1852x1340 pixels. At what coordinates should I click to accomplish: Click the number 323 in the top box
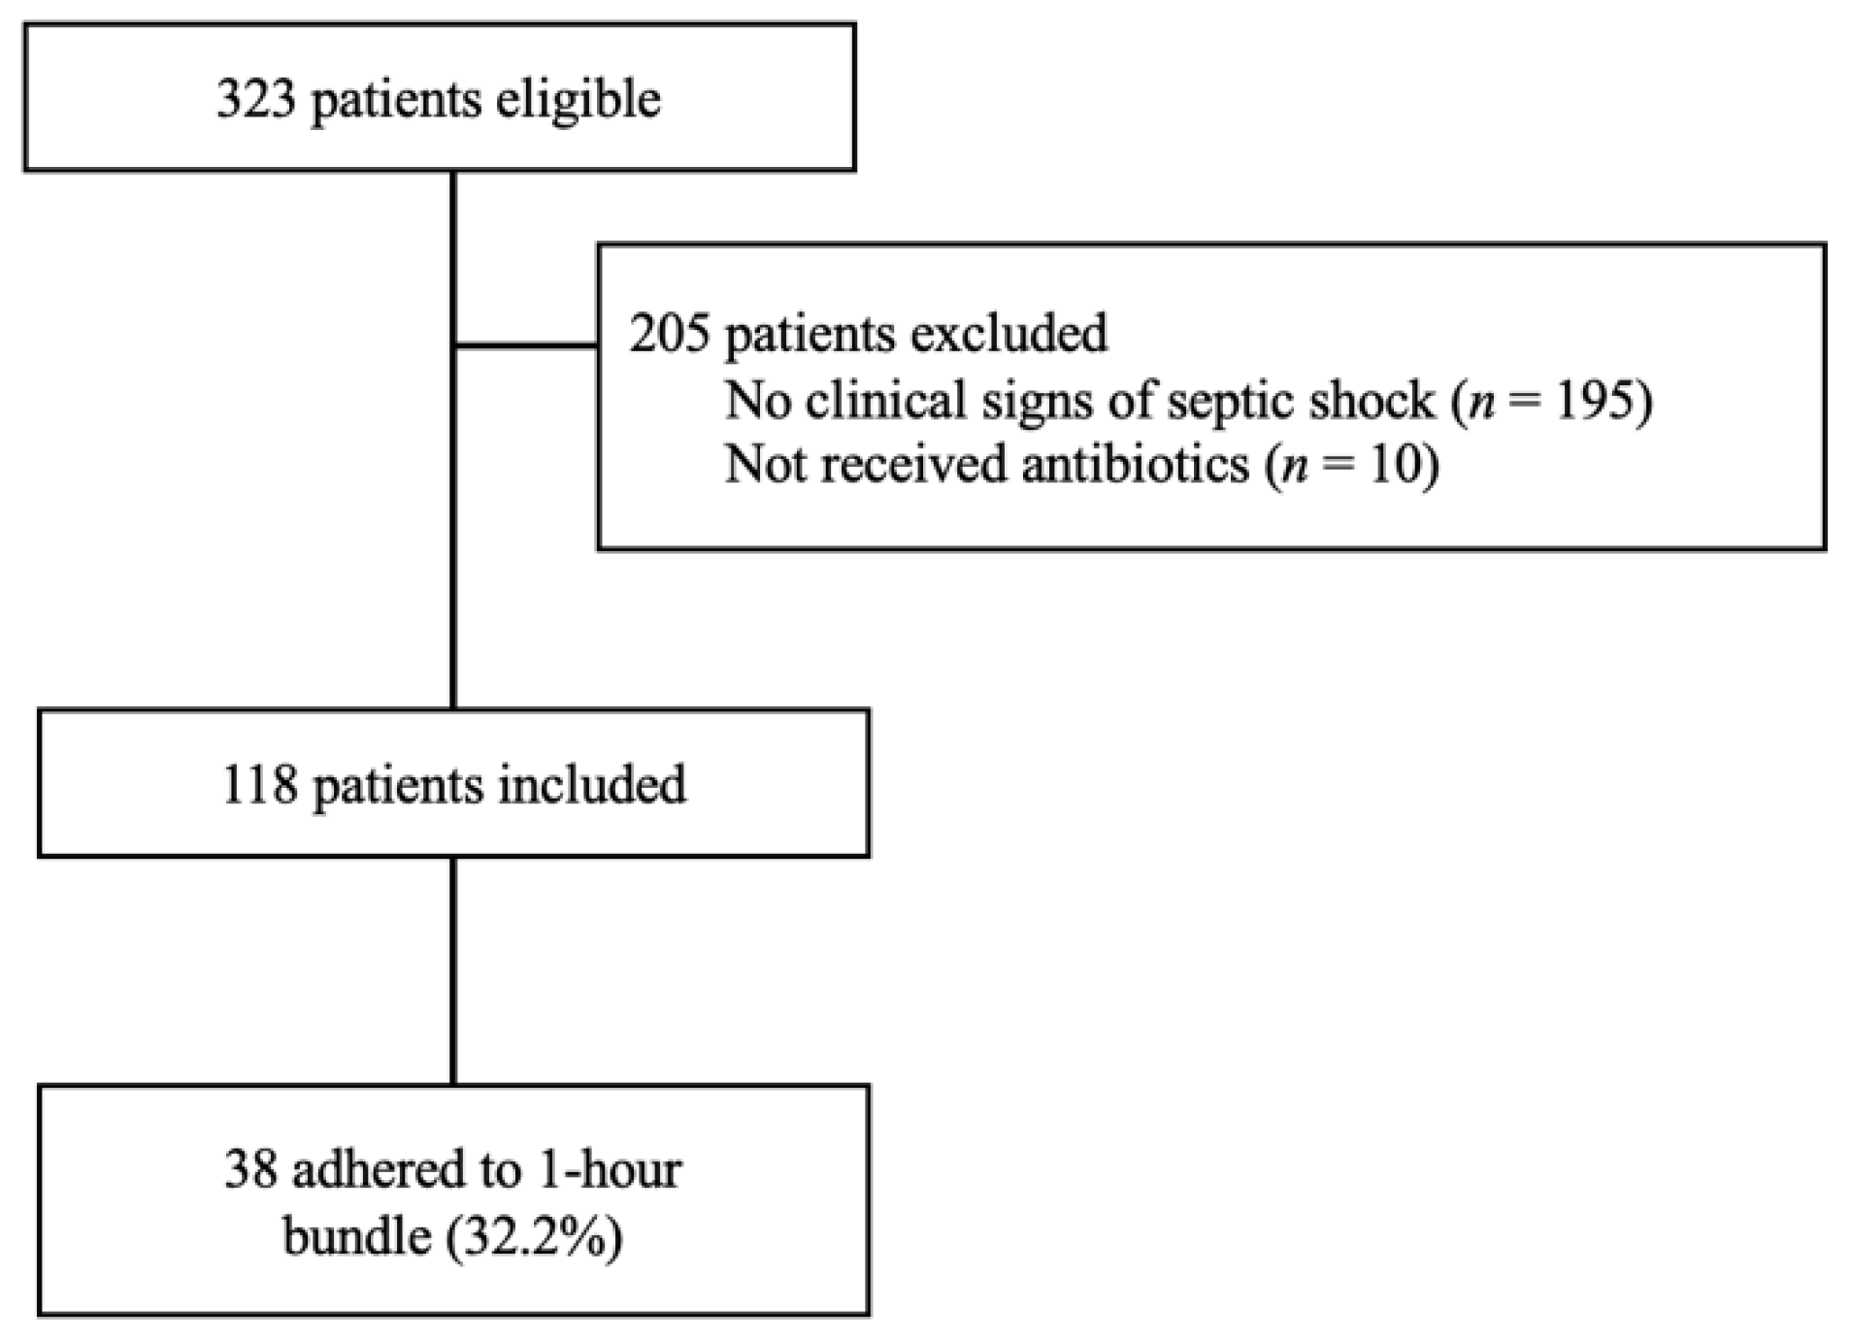[x=255, y=99]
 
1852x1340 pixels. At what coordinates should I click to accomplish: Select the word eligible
[x=578, y=99]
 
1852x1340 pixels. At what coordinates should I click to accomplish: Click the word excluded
[x=1009, y=334]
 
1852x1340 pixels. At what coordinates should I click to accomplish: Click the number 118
[x=260, y=784]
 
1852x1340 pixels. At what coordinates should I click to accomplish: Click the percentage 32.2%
[x=534, y=1236]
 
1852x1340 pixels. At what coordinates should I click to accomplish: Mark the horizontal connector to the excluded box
[x=525, y=344]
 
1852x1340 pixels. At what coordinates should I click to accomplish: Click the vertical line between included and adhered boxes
[x=453, y=970]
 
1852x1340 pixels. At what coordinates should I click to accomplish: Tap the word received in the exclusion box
[x=918, y=464]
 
